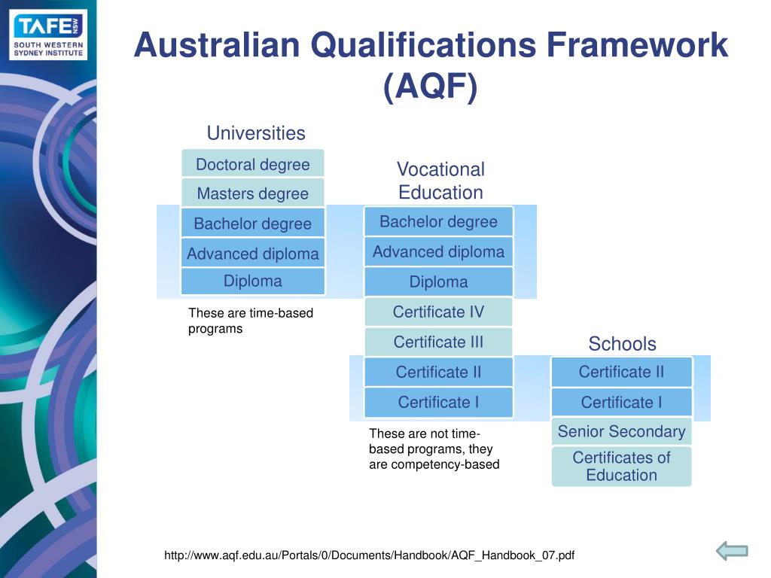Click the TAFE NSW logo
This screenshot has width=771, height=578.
click(49, 35)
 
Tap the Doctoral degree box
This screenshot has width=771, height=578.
click(253, 164)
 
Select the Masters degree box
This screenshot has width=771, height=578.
click(253, 193)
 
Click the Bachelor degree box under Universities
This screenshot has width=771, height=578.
click(253, 224)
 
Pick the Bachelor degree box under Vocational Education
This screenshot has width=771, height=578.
click(438, 221)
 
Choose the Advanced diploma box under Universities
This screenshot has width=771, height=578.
click(253, 254)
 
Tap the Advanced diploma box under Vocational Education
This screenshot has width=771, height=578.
click(438, 251)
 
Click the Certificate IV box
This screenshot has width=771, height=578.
click(438, 312)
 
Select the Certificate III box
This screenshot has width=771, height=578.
click(438, 342)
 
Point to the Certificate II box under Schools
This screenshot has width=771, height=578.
click(621, 372)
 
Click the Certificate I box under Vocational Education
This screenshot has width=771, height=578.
click(438, 402)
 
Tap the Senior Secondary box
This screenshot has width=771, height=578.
click(621, 431)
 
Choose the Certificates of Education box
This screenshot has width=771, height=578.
click(621, 466)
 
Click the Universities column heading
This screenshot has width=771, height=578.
click(256, 133)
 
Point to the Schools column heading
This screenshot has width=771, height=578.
click(622, 344)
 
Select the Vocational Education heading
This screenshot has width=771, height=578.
click(440, 181)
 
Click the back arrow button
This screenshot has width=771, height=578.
click(731, 551)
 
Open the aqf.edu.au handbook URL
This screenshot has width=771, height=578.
click(369, 555)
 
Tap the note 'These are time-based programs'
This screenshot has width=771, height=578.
click(250, 321)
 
